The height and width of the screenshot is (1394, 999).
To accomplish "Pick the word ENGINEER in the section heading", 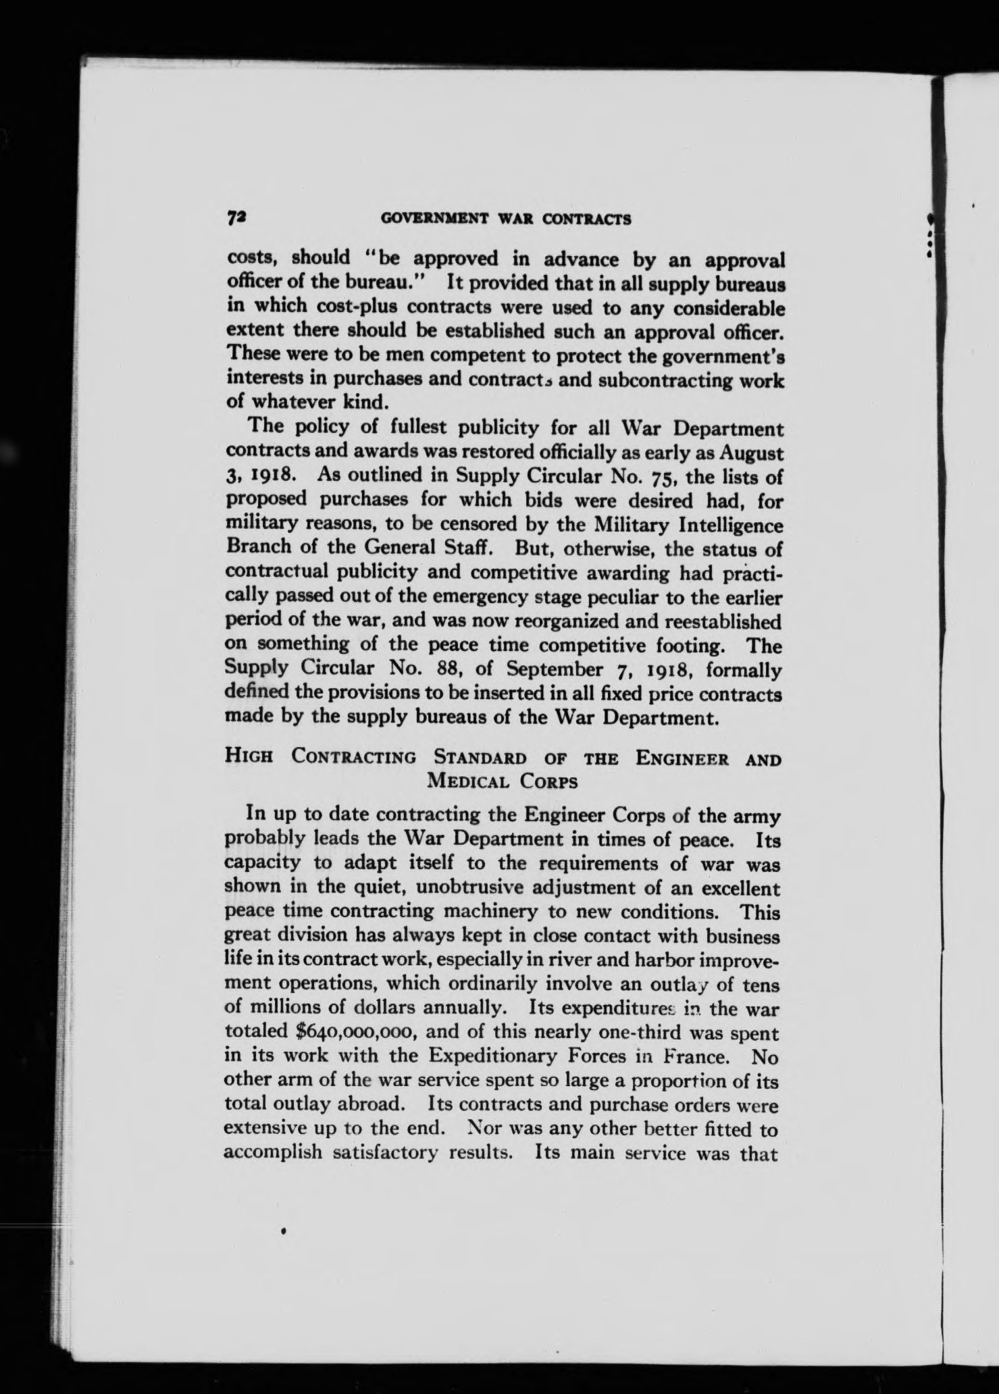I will pyautogui.click(x=682, y=758).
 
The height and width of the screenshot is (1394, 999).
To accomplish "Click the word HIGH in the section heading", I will pyautogui.click(x=249, y=758).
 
